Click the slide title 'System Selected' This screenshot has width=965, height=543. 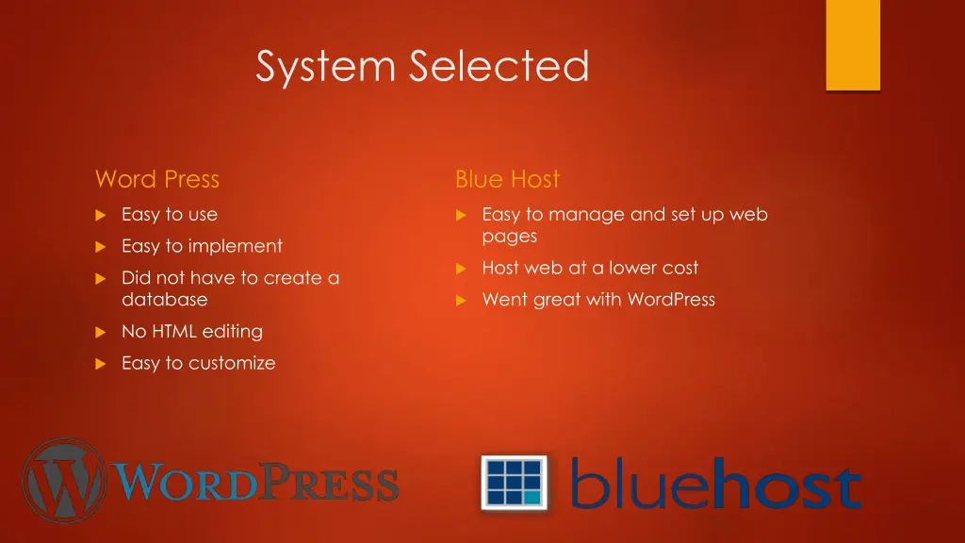(422, 67)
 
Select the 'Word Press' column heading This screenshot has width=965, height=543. (156, 179)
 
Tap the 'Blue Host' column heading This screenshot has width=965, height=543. (507, 179)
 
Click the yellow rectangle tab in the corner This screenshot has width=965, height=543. (853, 44)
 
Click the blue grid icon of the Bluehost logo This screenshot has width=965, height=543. (515, 482)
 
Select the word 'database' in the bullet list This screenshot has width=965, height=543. (165, 300)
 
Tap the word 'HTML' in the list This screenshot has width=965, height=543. (173, 332)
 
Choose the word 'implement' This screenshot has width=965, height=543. (235, 247)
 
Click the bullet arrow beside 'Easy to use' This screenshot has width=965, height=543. (100, 215)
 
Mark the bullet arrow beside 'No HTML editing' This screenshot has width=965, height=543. (100, 332)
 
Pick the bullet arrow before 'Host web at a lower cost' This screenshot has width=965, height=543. (461, 269)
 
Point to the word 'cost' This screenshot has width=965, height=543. (679, 269)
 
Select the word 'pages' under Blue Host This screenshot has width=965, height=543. (509, 237)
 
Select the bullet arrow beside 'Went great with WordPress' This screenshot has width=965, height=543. (461, 300)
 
